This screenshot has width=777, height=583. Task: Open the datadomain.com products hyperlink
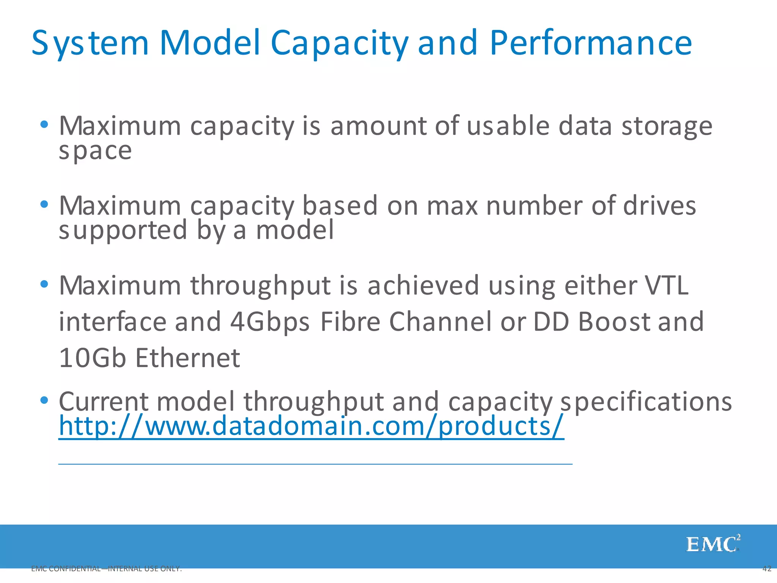pos(311,426)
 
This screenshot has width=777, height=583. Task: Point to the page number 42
pos(766,569)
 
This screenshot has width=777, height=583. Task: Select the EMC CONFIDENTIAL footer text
pos(107,569)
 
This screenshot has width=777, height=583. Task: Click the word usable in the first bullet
pos(508,126)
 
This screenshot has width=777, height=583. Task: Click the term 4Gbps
pos(270,322)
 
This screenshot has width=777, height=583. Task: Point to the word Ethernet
pos(188,358)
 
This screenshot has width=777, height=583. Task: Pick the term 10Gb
pos(92,358)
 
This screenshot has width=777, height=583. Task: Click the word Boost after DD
pos(614,322)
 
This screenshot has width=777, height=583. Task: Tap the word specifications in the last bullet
pos(646,402)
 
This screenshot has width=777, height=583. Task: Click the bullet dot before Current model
pos(44,400)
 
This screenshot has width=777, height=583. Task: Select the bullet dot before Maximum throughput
pos(44,284)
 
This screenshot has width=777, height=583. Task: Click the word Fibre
pos(350,322)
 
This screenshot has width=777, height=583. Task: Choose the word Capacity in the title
pos(340,44)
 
